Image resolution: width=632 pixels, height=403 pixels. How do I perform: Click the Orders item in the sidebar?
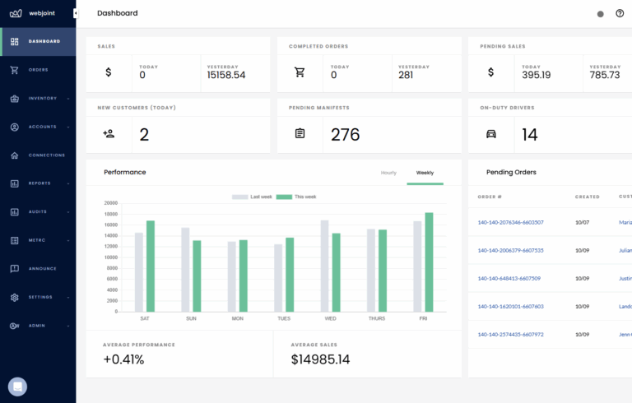point(38,70)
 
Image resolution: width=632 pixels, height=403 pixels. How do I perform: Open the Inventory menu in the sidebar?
point(42,99)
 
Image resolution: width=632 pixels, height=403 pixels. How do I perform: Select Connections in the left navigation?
point(46,155)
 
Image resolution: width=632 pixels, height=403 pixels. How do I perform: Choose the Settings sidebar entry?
point(40,297)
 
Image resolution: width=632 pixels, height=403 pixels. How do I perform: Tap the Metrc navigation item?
point(38,240)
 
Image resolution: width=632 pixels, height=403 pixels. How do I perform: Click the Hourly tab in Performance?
point(388,173)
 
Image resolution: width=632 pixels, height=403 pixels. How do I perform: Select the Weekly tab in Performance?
point(425,173)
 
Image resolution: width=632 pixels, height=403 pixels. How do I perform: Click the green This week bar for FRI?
point(429,262)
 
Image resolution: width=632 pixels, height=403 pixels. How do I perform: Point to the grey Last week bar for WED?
point(325,266)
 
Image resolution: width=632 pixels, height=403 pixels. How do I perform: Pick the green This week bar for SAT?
point(151,266)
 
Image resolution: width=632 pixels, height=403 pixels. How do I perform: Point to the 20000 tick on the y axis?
point(110,203)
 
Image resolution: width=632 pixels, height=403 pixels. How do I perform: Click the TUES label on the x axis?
point(284,318)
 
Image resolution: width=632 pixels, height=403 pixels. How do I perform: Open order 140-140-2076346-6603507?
point(510,222)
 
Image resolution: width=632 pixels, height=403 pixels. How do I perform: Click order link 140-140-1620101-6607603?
point(510,306)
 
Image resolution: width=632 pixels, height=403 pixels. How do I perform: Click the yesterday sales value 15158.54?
point(226,75)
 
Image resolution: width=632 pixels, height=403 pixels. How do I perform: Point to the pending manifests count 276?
point(346,135)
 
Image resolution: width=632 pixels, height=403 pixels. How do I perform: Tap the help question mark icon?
point(620,13)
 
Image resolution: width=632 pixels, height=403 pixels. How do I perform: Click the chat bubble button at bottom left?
point(17,386)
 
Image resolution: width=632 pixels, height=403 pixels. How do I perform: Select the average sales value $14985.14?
point(320,359)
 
